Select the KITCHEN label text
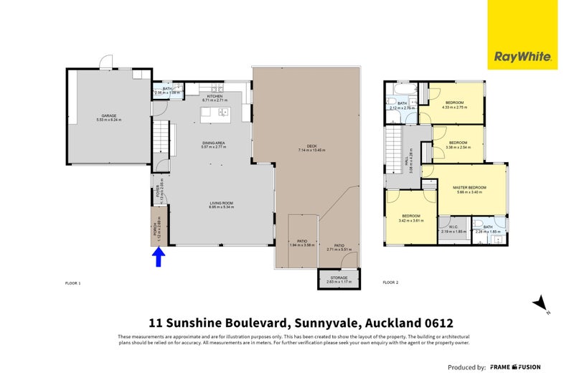pyautogui.click(x=215, y=96)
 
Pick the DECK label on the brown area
pyautogui.click(x=312, y=147)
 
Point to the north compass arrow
pyautogui.click(x=541, y=304)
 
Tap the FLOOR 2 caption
pyautogui.click(x=390, y=283)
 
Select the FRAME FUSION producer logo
pyautogui.click(x=515, y=367)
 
